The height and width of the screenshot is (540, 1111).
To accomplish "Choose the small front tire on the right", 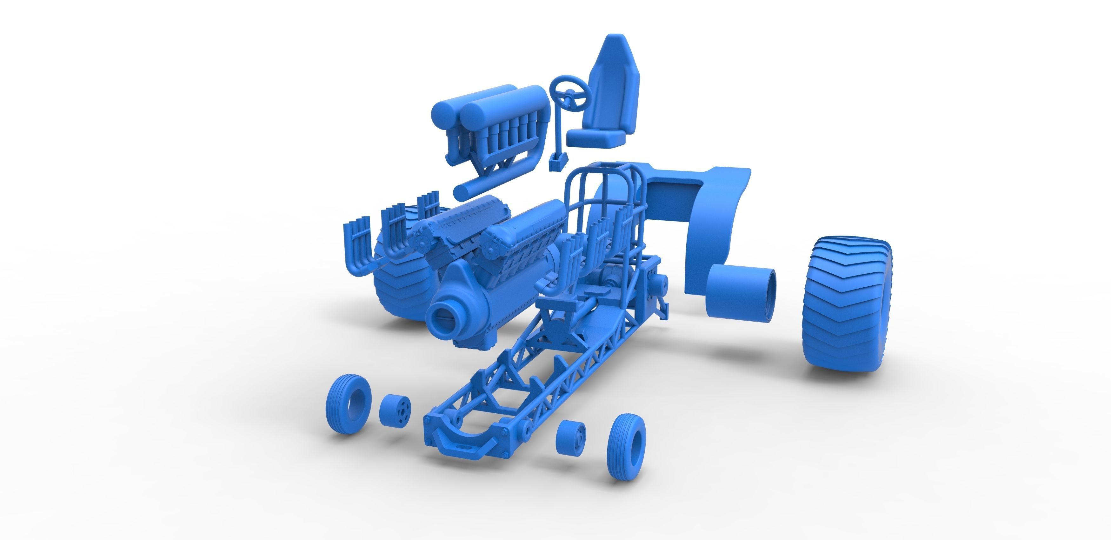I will pyautogui.click(x=625, y=446).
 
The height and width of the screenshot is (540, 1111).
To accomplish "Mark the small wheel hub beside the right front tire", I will pyautogui.click(x=570, y=437).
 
